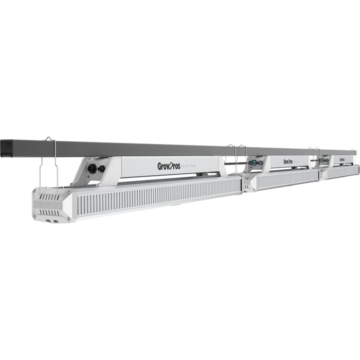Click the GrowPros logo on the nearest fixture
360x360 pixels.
click(x=169, y=166)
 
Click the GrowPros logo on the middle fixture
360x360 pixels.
click(x=287, y=161)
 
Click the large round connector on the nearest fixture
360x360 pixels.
click(x=92, y=168)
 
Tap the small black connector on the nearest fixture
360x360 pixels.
click(x=102, y=169)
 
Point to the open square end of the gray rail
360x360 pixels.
click(x=9, y=147)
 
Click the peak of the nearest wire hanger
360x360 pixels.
click(x=48, y=138)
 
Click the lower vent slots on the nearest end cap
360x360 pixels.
click(x=50, y=211)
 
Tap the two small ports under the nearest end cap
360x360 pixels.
click(x=52, y=222)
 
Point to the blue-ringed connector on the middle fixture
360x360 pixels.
click(x=253, y=163)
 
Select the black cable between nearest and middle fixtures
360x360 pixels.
click(x=234, y=164)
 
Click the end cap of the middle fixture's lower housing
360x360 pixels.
click(x=248, y=182)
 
